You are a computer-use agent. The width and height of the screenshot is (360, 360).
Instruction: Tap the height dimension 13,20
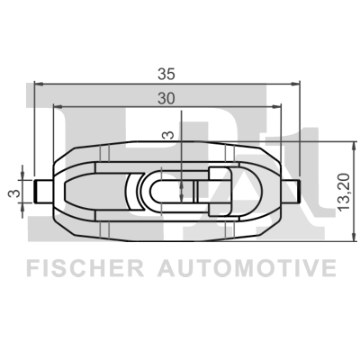click(339, 190)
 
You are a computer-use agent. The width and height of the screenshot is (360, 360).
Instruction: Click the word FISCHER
click(86, 268)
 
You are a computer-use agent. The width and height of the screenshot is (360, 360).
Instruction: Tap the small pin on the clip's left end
click(41, 191)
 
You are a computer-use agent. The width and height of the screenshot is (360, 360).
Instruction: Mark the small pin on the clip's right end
click(291, 191)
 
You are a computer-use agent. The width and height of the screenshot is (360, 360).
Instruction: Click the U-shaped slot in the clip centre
click(171, 191)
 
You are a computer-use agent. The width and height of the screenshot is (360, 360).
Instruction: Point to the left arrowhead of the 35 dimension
click(36, 84)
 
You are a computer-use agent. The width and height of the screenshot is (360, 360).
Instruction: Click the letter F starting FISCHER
click(32, 268)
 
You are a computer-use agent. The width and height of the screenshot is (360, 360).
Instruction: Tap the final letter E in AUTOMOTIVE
click(330, 268)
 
